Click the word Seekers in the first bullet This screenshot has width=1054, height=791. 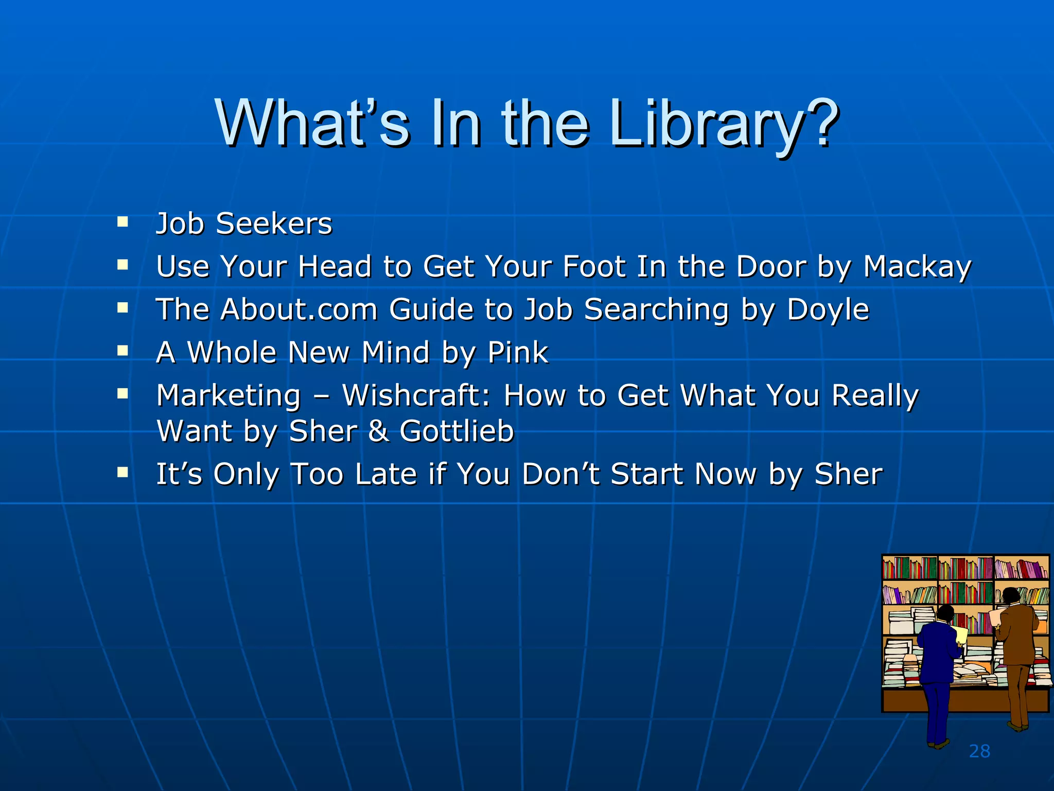[x=274, y=224]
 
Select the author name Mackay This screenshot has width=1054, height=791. [x=917, y=267]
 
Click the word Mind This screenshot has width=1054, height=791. [x=395, y=353]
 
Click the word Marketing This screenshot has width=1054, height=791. [x=229, y=397]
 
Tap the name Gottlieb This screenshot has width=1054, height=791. [x=456, y=431]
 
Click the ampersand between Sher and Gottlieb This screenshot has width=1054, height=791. [x=378, y=431]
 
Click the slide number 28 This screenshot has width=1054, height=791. [x=979, y=751]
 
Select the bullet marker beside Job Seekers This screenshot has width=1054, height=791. [x=122, y=222]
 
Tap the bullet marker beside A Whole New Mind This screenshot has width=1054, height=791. [x=122, y=351]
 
